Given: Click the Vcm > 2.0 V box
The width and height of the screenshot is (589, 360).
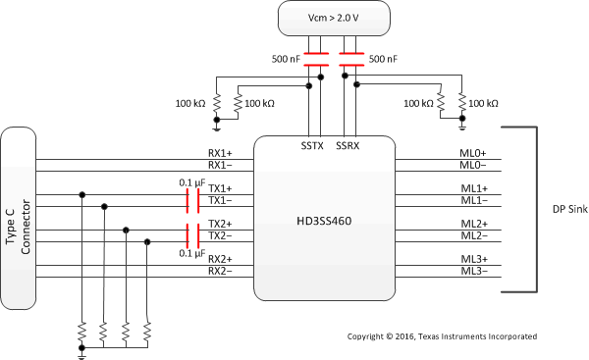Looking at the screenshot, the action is click(334, 18).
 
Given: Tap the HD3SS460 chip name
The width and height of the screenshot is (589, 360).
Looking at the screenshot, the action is click(324, 221).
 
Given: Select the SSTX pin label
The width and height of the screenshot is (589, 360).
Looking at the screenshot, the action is click(312, 145).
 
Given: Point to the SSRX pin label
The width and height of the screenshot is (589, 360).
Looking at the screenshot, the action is click(348, 145).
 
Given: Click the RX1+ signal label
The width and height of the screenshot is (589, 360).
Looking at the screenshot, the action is click(220, 153).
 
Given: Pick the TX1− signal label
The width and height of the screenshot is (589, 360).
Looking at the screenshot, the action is click(220, 200).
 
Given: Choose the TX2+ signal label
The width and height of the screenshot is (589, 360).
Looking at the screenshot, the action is click(220, 224).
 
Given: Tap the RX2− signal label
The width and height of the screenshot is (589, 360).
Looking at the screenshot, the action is click(220, 271).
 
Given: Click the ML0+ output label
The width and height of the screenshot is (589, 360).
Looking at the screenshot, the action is click(473, 153).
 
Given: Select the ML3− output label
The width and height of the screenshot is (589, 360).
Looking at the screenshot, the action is click(474, 271).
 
